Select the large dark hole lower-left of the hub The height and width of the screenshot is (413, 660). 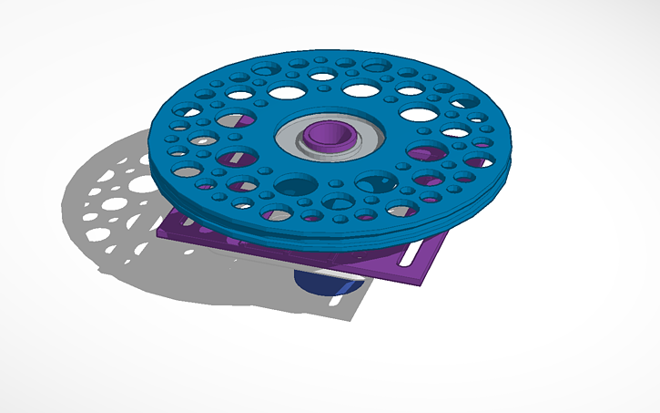(x=291, y=186)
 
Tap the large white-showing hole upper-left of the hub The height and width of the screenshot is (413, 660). (x=286, y=92)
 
